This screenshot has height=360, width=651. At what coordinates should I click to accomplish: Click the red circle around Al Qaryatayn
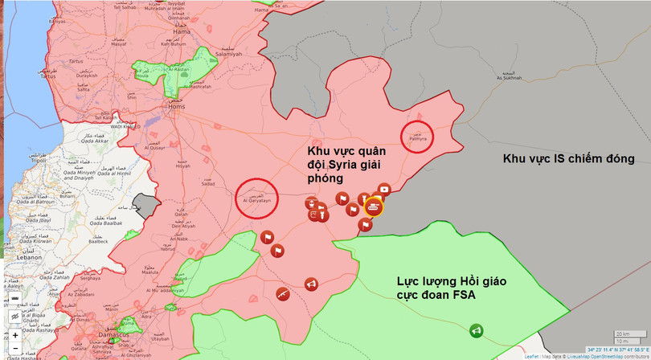(x=256, y=198)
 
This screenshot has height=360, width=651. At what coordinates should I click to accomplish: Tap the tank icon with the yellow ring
(x=374, y=207)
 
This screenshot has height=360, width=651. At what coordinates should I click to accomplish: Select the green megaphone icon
(x=476, y=330)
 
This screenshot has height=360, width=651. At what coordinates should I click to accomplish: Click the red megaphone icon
(x=310, y=284)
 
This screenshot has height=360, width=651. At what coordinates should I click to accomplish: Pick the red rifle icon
(x=282, y=294)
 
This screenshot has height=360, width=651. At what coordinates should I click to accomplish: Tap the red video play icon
(x=383, y=190)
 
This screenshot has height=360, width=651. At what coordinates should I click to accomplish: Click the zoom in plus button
(x=14, y=334)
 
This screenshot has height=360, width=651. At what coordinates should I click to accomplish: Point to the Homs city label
(x=175, y=105)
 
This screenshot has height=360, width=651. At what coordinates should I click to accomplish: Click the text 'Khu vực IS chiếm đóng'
(x=568, y=159)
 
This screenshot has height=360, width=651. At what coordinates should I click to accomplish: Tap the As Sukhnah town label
(x=509, y=78)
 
